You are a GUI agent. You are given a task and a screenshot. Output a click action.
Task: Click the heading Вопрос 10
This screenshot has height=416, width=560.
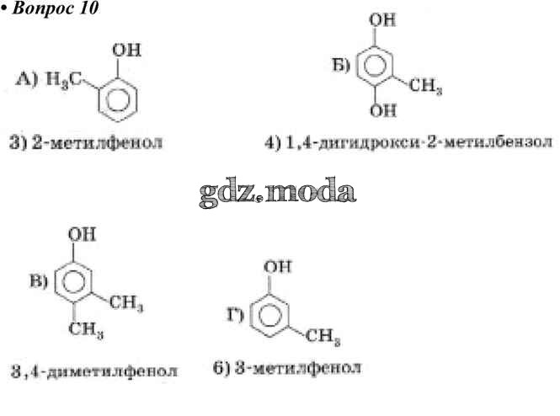[55, 8]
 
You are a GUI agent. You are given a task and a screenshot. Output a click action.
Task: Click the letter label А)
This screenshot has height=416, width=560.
[26, 79]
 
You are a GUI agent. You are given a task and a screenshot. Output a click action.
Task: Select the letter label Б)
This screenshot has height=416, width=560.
[341, 66]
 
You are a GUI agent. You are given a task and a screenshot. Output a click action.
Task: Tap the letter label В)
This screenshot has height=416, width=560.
[38, 281]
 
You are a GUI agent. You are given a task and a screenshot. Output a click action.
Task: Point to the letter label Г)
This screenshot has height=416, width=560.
[236, 315]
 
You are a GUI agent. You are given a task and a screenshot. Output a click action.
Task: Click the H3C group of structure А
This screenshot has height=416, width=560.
[64, 80]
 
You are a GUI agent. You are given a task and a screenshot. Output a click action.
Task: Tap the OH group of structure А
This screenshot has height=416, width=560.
[127, 50]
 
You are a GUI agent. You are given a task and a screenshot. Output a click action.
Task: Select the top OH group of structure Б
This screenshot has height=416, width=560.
[382, 19]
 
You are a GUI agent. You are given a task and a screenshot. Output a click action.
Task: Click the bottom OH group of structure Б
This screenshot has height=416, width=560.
[383, 110]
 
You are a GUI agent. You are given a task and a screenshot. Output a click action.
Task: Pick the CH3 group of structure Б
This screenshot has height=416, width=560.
[425, 86]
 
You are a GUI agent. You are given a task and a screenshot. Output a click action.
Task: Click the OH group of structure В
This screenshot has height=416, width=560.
[83, 235]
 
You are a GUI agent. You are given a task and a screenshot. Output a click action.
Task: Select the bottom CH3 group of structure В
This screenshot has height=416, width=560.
[86, 329]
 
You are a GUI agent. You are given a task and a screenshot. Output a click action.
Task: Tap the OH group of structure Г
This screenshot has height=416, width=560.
[278, 267]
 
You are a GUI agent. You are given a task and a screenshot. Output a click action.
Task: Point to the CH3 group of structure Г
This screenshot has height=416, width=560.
[323, 337]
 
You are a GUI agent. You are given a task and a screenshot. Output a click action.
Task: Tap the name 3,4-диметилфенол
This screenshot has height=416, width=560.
[94, 371]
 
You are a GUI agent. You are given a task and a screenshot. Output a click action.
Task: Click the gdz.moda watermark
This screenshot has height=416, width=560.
[278, 192]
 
